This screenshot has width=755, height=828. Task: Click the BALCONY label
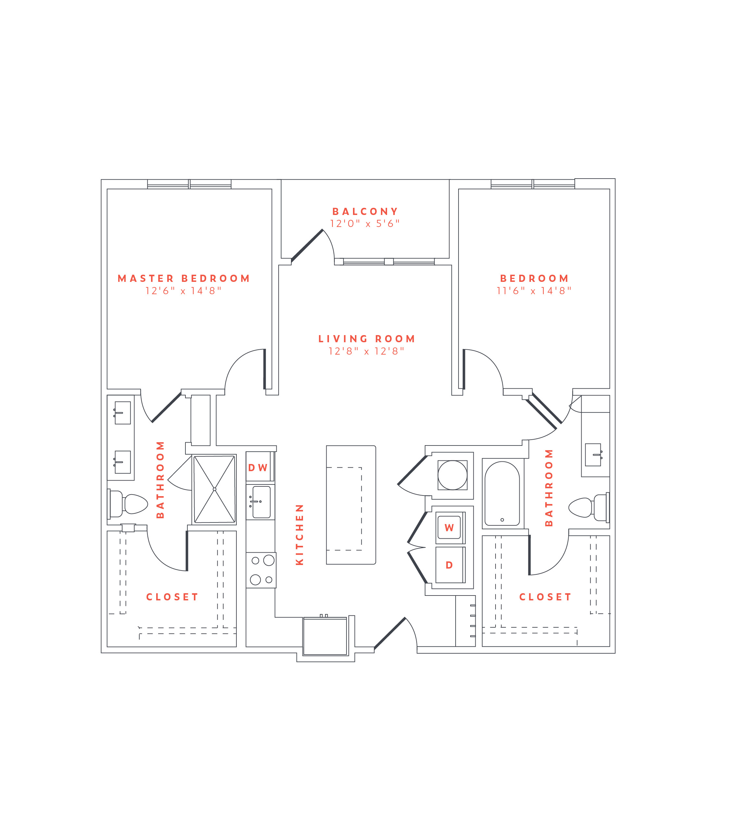click(x=365, y=211)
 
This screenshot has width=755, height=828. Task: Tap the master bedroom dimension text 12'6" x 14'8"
click(x=183, y=291)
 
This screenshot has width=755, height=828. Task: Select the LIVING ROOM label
click(x=366, y=339)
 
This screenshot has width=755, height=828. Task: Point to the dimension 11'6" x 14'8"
click(x=534, y=291)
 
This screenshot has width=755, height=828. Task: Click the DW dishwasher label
click(x=258, y=468)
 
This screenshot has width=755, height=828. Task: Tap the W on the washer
click(x=449, y=528)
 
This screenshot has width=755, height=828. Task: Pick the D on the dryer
click(x=449, y=565)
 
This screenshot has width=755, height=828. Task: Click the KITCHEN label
click(x=299, y=534)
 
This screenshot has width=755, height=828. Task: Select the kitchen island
click(x=351, y=505)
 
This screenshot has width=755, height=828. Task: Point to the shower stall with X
click(x=214, y=489)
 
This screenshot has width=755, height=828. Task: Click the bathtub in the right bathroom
click(x=502, y=493)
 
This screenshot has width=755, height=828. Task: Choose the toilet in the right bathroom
click(x=589, y=508)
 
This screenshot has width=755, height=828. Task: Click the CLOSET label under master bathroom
click(x=172, y=597)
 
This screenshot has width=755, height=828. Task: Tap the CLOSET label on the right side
click(x=545, y=597)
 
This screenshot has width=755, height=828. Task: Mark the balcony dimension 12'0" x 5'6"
click(x=365, y=224)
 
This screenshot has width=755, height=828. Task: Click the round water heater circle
click(x=452, y=475)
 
